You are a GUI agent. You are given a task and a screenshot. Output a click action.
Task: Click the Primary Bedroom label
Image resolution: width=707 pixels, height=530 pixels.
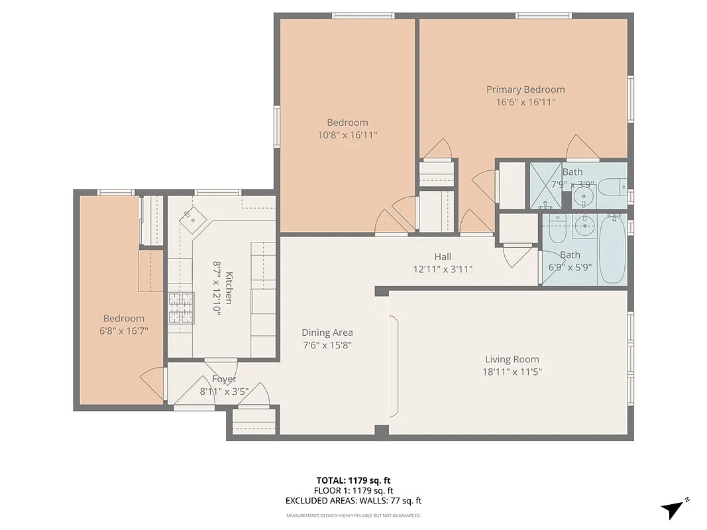525,89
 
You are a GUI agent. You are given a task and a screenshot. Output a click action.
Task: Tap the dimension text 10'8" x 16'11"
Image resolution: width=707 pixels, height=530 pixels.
347,135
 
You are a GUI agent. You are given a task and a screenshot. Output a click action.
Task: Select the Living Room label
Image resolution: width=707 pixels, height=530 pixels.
512,359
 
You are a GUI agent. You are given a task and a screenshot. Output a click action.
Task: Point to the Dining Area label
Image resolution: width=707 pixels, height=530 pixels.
327,333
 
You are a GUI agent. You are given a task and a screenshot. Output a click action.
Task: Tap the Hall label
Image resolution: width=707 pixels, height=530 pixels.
443,256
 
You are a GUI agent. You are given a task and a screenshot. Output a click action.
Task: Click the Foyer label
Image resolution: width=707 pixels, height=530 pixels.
224,379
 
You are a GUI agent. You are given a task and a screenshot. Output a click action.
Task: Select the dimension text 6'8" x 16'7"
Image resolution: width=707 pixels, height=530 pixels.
123,331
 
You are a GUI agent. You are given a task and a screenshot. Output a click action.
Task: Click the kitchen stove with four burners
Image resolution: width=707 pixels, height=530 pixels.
180,309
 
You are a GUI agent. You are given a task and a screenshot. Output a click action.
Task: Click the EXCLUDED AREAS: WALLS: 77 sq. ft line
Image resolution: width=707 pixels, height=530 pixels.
354,502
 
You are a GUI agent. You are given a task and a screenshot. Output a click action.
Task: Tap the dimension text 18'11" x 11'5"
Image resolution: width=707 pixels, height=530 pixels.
512,372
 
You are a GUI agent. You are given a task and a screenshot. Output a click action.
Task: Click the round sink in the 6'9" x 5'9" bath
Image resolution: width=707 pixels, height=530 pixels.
584,227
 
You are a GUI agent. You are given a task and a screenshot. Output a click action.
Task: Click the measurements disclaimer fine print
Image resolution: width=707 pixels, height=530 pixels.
354,515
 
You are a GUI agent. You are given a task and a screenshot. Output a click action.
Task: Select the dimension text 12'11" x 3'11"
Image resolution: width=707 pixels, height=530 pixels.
443,270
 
